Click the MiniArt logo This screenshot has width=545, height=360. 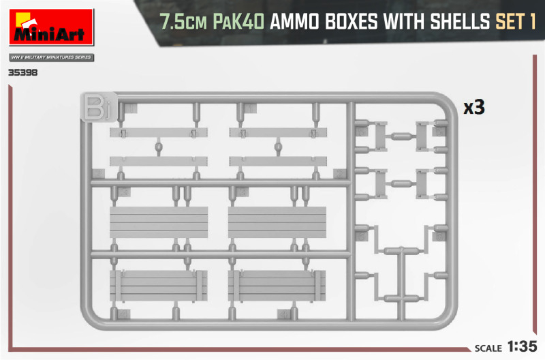tap(52, 27)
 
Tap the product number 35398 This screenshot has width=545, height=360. tap(23, 73)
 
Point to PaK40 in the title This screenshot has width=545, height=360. tap(238, 22)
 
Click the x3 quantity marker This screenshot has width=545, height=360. tap(474, 108)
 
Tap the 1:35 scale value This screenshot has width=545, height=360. tap(523, 346)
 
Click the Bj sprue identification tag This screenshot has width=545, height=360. tap(98, 106)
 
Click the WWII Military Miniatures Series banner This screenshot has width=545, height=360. tap(52, 57)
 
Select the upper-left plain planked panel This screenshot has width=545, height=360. tap(159, 222)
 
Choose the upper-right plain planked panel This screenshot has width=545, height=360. tap(277, 222)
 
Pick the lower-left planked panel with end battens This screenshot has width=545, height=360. tap(159, 286)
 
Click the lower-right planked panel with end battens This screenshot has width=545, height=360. tap(277, 286)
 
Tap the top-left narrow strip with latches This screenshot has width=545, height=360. tap(159, 132)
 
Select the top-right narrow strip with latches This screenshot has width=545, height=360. tap(278, 132)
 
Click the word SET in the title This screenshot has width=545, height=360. tap(510, 22)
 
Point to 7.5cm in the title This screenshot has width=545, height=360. tap(183, 22)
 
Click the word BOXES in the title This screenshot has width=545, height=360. tap(351, 22)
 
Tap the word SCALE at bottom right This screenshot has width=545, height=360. tap(488, 348)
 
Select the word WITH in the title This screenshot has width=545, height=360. tap(404, 22)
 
